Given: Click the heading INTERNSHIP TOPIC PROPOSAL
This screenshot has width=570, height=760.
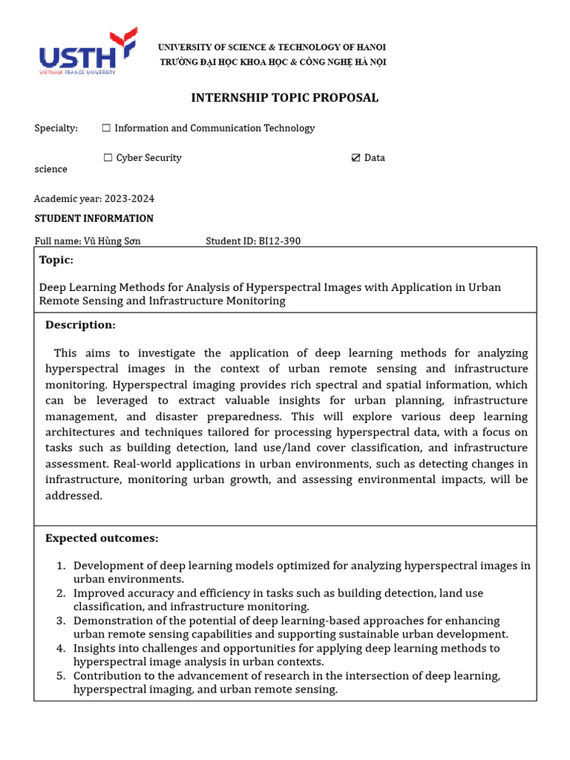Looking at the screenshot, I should (x=284, y=98).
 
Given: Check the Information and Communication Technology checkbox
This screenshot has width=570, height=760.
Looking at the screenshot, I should (x=106, y=128).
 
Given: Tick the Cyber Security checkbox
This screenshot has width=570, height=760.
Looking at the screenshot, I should (x=108, y=158).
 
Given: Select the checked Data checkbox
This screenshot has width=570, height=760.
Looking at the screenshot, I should (x=356, y=158).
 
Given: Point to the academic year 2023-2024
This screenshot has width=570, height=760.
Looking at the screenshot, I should (x=129, y=199).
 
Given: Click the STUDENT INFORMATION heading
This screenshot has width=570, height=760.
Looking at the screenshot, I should (x=94, y=218).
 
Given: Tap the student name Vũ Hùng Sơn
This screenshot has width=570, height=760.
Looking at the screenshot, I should (x=112, y=240).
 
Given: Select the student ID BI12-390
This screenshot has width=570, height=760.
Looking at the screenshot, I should (x=279, y=240).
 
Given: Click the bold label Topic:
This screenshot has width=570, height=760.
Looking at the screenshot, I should (x=56, y=260).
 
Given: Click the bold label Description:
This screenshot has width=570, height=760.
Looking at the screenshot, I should (x=80, y=325).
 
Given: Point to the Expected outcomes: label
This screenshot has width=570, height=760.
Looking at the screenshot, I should (x=102, y=538).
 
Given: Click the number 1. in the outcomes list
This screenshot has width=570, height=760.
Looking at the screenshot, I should (x=62, y=566).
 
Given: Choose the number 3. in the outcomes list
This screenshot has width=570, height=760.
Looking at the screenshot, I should (x=62, y=620).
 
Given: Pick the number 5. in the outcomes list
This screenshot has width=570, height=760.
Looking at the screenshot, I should (x=62, y=675).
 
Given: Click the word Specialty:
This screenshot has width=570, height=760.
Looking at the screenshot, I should (x=56, y=128).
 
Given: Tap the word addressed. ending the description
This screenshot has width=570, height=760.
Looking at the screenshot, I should (x=73, y=496).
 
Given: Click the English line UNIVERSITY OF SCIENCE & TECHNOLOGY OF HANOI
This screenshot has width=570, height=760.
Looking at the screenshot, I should (x=271, y=47).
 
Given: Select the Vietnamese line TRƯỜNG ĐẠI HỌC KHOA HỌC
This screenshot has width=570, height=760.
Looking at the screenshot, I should (x=272, y=62).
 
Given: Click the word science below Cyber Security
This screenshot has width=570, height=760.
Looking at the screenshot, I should (x=50, y=169).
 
